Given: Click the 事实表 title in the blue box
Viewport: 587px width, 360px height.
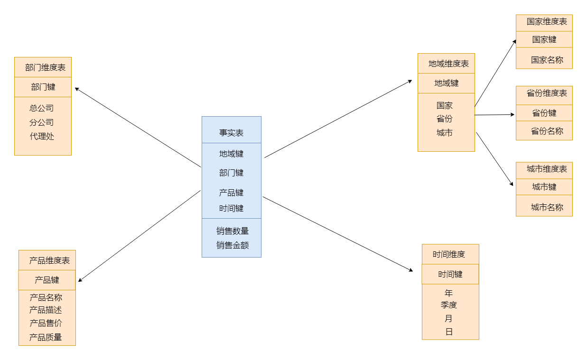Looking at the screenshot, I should tap(231, 133).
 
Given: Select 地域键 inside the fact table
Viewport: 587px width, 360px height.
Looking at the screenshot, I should tap(231, 154).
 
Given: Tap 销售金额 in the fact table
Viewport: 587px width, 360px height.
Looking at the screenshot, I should tap(233, 245).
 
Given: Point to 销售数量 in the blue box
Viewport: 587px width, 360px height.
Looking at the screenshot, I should tap(233, 231).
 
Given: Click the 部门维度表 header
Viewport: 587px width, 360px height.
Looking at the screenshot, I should tap(45, 67).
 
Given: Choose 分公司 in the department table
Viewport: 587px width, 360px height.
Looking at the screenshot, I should tap(42, 122).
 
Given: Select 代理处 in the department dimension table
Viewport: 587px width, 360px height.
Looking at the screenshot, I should tap(42, 137).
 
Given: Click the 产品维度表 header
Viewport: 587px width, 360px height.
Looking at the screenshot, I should tap(49, 260).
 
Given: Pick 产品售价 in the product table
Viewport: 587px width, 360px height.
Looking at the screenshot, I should tap(46, 323).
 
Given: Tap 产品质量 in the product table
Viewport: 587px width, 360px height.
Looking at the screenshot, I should tap(46, 337).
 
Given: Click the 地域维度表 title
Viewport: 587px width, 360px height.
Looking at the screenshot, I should tap(448, 64).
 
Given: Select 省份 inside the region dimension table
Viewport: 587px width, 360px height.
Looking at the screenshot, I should tap(445, 119).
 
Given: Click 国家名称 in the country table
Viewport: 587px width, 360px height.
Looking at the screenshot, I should tap(547, 60).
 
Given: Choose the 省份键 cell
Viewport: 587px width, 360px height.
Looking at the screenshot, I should tap(544, 113).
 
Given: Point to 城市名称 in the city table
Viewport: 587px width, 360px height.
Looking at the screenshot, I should tap(547, 207).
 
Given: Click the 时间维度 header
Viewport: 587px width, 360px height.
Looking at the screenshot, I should tap(448, 254).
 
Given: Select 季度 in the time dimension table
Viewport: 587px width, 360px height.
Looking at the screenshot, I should tap(448, 305).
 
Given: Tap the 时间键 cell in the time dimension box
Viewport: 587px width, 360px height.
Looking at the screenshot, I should tap(450, 274).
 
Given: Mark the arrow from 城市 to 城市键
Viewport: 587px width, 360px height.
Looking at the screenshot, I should tap(494, 158).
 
